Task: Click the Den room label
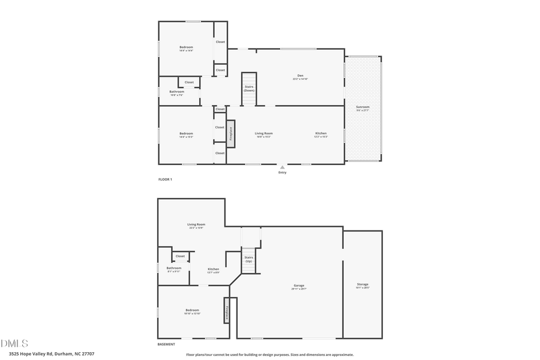coord(300,76)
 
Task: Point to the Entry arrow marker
coord(282,167)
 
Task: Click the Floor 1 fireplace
coord(230,134)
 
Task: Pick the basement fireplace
coord(227,311)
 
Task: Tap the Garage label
coord(299,286)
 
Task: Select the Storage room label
coord(362,285)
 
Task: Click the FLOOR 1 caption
coord(165,179)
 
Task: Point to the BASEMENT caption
coord(166,344)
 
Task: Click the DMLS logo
coord(14,344)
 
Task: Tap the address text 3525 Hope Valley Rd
coord(47,354)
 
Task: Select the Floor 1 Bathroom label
coord(177,92)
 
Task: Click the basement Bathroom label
coord(174,269)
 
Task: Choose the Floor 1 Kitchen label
coord(321,134)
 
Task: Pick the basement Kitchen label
coord(213,270)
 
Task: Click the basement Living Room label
coord(196,225)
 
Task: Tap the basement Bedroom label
coord(192,311)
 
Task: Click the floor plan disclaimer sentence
coord(270,355)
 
